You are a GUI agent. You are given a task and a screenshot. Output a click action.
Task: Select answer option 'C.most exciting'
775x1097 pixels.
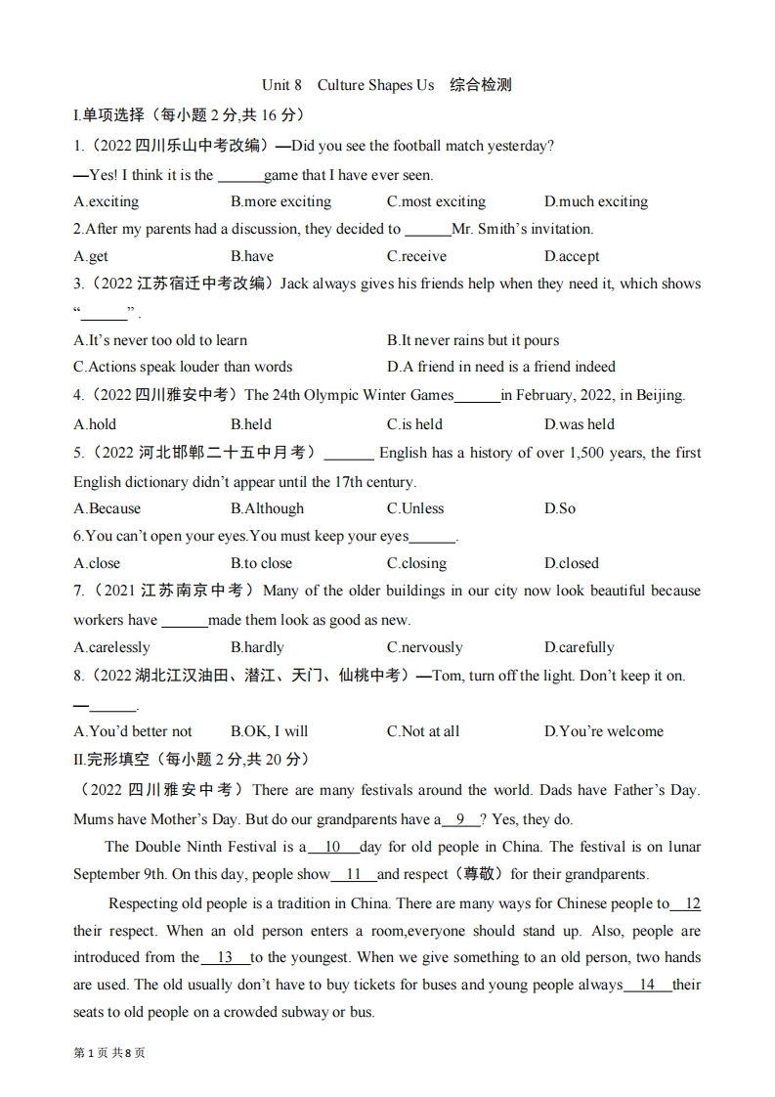pyautogui.click(x=436, y=201)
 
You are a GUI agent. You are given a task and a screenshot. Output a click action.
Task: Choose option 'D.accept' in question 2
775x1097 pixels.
pyautogui.click(x=572, y=256)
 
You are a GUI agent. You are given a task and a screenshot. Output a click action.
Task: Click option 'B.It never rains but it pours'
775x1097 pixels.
pyautogui.click(x=473, y=340)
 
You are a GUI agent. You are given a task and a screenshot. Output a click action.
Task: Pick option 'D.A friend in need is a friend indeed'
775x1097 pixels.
pyautogui.click(x=501, y=367)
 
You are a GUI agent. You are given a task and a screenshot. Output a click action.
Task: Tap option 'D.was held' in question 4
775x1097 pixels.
pyautogui.click(x=579, y=424)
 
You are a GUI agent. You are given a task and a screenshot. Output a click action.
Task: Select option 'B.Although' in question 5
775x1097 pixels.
pyautogui.click(x=267, y=508)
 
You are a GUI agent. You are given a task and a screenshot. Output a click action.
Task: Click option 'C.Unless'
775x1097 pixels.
pyautogui.click(x=415, y=508)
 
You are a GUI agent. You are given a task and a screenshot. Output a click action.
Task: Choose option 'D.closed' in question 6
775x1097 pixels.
pyautogui.click(x=571, y=563)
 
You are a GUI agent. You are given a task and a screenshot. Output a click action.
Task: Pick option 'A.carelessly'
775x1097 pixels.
pyautogui.click(x=111, y=647)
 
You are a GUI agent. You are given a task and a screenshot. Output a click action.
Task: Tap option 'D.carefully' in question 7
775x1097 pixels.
pyautogui.click(x=579, y=647)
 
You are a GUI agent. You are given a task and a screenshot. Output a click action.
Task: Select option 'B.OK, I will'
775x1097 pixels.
pyautogui.click(x=269, y=731)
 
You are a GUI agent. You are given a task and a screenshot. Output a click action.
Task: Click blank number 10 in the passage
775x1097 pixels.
pyautogui.click(x=332, y=847)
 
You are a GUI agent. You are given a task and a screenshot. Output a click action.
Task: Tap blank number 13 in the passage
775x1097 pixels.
pyautogui.click(x=225, y=957)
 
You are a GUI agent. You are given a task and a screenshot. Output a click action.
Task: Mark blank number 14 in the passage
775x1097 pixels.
pyautogui.click(x=646, y=985)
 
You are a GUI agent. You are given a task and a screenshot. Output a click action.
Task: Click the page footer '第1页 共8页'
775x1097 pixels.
pyautogui.click(x=108, y=1053)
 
